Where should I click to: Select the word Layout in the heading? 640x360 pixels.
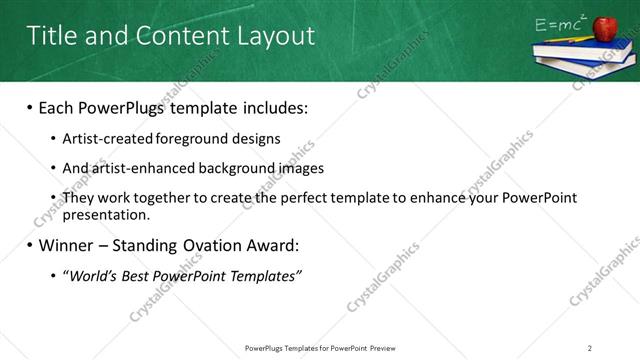pyautogui.click(x=276, y=36)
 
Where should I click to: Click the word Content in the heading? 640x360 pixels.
pyautogui.click(x=182, y=36)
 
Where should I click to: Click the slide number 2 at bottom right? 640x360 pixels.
pyautogui.click(x=590, y=347)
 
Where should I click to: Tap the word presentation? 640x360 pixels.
pyautogui.click(x=105, y=214)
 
